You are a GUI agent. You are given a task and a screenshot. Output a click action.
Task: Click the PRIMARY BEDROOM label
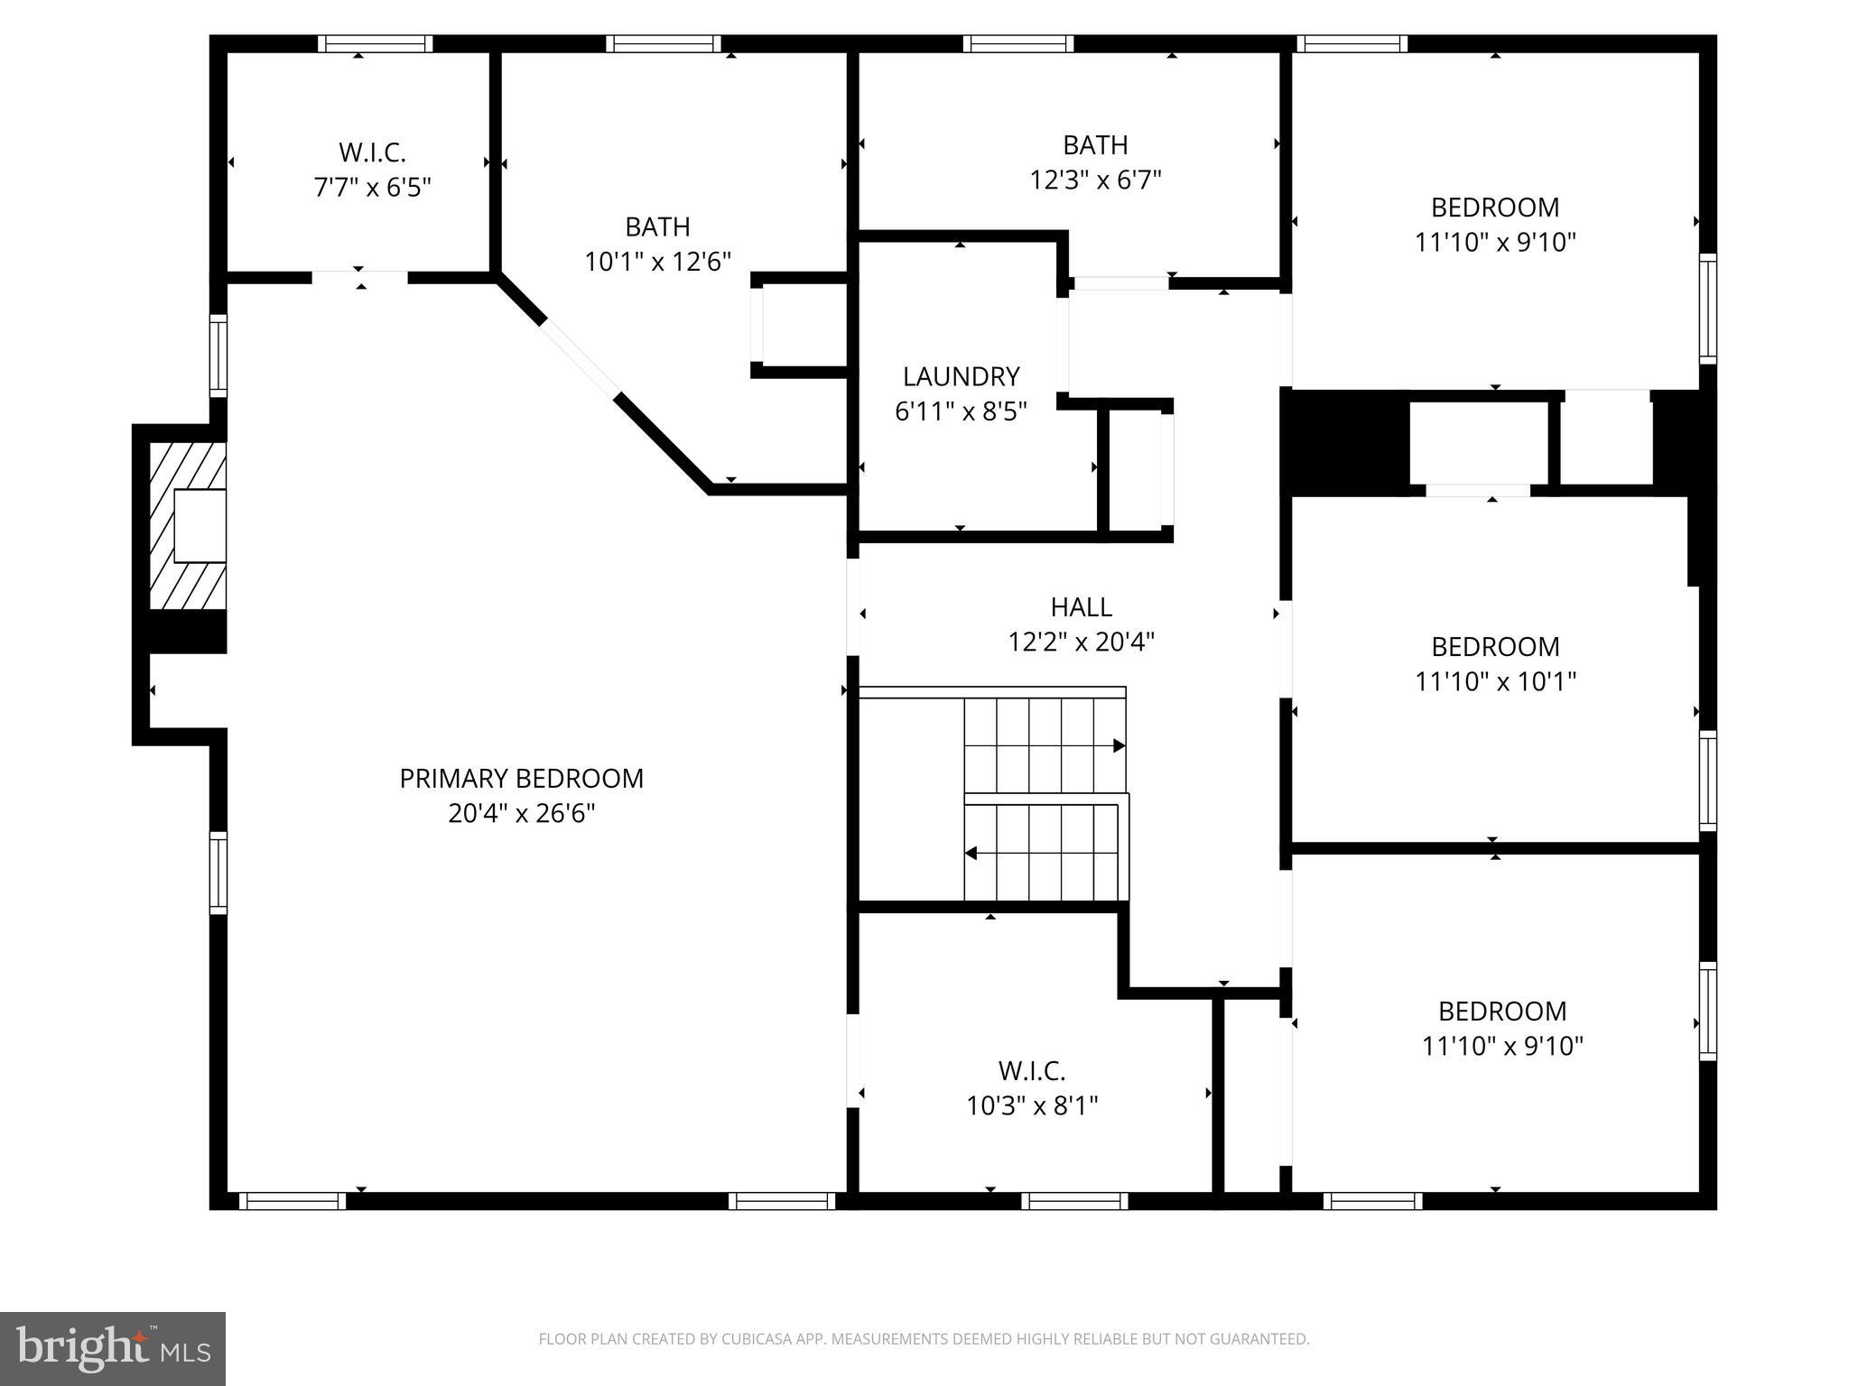click(521, 778)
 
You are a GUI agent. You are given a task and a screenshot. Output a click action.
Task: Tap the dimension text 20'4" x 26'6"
click(521, 813)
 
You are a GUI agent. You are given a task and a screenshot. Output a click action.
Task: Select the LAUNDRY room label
click(961, 376)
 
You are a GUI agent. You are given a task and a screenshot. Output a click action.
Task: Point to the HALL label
click(1081, 606)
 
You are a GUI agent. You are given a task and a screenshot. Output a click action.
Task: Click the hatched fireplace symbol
click(187, 526)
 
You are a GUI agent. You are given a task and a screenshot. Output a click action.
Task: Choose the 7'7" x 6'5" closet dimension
click(372, 188)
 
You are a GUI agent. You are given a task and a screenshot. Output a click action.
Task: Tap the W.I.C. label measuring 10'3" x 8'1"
click(1032, 1071)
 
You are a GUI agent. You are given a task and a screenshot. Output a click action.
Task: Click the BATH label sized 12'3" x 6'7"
click(1095, 144)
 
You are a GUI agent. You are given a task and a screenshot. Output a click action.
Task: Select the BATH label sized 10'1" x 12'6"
click(657, 226)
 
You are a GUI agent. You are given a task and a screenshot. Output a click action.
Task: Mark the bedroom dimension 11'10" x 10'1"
click(1495, 681)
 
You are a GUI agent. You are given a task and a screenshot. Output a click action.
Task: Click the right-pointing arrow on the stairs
click(1119, 745)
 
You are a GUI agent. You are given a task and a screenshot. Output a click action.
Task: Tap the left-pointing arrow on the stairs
click(971, 853)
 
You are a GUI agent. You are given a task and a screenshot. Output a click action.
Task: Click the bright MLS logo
click(113, 1348)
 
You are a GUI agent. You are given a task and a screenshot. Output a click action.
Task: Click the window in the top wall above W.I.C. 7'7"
click(376, 44)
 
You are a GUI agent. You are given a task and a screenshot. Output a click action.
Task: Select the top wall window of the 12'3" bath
click(1017, 44)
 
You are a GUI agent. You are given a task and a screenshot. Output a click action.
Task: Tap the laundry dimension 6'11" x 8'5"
click(961, 411)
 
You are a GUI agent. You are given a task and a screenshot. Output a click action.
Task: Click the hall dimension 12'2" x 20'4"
click(1081, 642)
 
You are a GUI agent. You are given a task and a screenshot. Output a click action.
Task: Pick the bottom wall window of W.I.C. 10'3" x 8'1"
click(1074, 1201)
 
